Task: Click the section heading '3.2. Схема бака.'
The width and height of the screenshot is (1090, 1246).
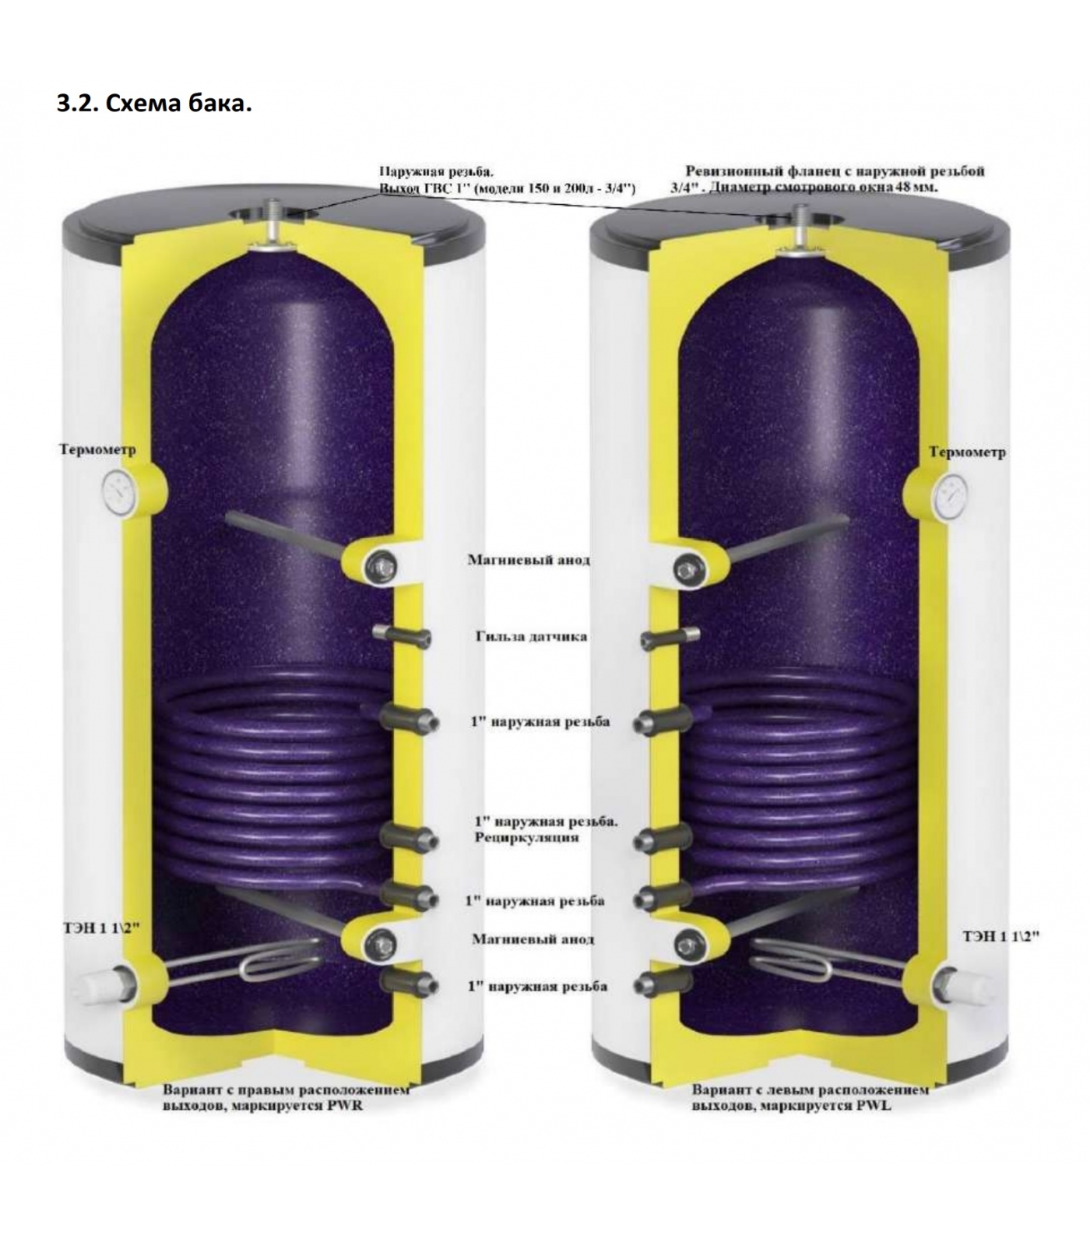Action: click(154, 104)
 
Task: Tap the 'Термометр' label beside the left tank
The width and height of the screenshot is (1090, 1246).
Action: click(97, 450)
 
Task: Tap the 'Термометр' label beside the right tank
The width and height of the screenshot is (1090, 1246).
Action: click(967, 452)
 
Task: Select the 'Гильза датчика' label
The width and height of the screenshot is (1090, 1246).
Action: click(531, 636)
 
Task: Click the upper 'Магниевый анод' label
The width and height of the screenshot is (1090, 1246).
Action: click(528, 560)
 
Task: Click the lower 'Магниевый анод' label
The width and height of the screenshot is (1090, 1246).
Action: click(533, 939)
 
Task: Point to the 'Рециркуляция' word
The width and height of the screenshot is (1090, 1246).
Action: click(526, 838)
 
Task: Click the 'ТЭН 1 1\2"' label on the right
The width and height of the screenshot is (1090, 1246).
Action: click(1000, 936)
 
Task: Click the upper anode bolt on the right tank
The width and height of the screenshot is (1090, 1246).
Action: click(686, 569)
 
